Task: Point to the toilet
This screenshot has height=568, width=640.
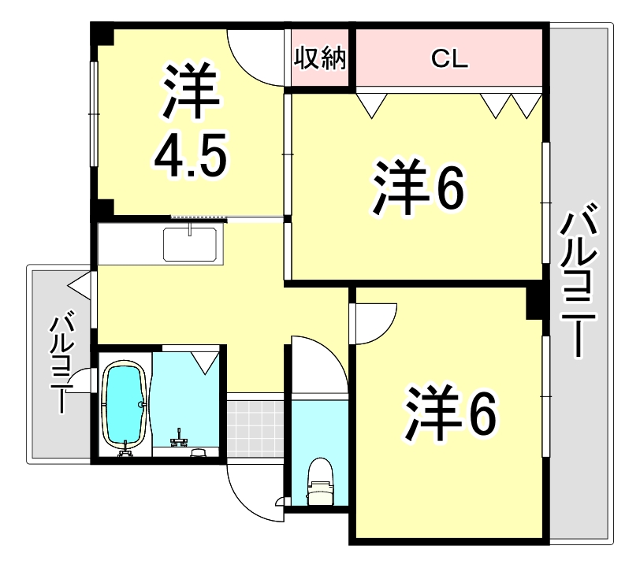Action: click(x=320, y=481)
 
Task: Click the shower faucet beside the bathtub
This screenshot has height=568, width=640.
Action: click(x=181, y=438)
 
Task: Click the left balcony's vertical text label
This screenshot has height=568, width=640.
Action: click(x=62, y=362)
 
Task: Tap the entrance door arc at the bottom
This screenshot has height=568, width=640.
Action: click(x=251, y=492)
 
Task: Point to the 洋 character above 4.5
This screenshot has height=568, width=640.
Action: click(x=191, y=88)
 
